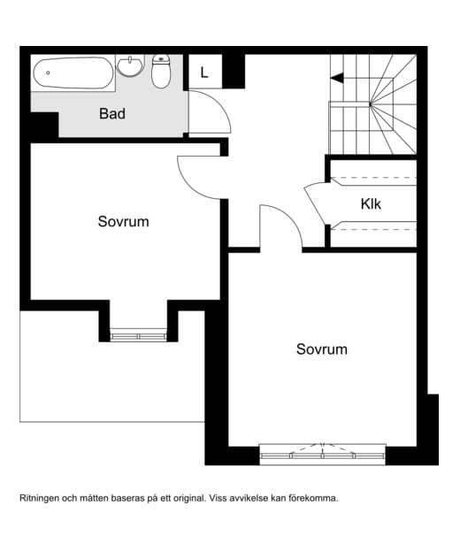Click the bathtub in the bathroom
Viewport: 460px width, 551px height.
73,73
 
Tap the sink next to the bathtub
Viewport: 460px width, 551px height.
130,65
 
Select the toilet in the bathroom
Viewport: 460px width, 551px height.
160,73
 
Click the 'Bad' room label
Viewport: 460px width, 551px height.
111,113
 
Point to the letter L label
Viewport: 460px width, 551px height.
204,73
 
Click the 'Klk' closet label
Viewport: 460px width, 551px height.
372,203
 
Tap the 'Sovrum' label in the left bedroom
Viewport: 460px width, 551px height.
123,221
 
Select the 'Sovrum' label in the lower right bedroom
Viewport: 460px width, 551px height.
321,349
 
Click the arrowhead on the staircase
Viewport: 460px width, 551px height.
336,79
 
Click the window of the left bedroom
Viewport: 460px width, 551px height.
137,335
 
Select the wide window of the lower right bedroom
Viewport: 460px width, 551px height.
323,455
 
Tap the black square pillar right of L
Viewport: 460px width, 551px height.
234,72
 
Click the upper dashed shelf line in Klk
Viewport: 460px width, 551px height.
372,180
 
